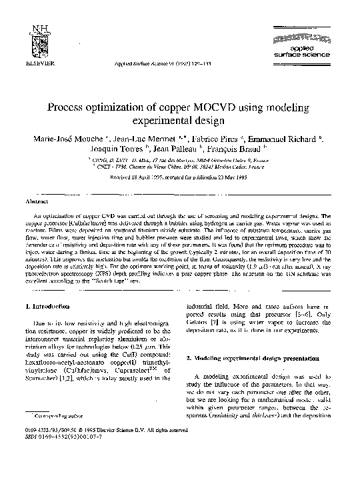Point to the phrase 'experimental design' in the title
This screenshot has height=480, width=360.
tap(180, 121)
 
